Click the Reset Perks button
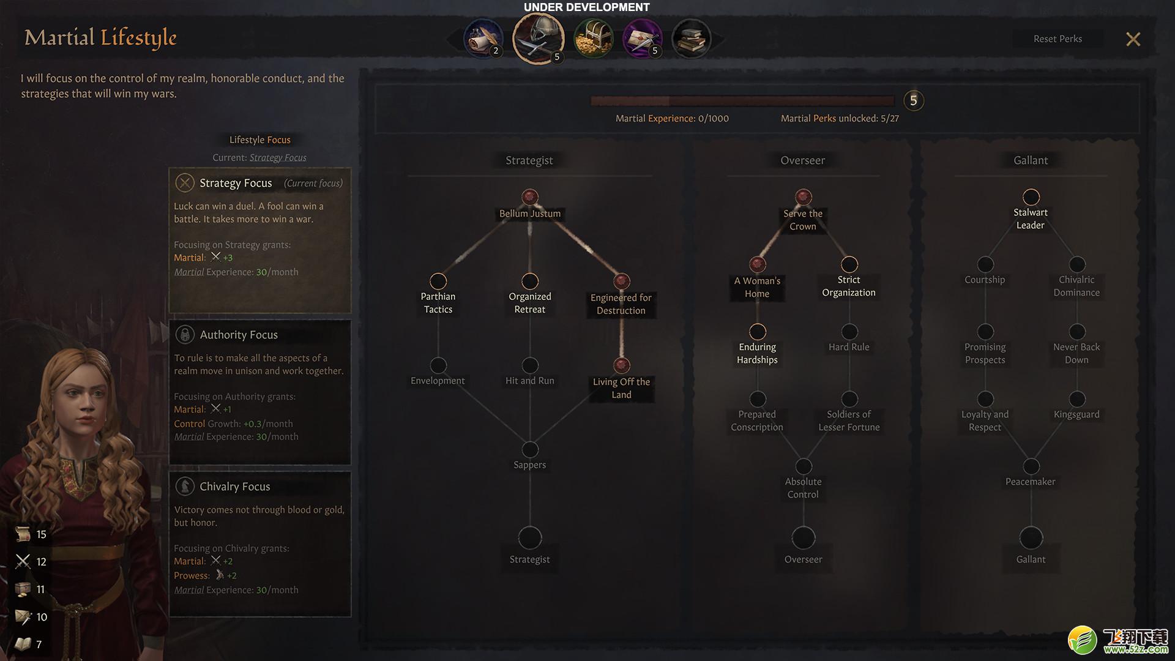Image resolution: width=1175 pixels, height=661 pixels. pos(1057,39)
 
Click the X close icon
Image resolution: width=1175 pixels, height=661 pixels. pos(1133,39)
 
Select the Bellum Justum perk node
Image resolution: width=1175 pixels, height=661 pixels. pos(530,197)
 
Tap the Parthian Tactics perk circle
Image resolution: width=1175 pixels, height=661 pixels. pos(438,281)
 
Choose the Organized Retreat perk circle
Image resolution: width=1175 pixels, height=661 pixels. pos(530,281)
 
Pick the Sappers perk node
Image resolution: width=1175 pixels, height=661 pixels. pos(530,449)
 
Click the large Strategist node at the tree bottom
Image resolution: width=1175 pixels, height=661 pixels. pos(530,538)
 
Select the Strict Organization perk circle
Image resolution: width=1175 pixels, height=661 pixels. pos(849,264)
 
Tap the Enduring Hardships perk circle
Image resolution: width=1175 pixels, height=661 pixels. pos(758,332)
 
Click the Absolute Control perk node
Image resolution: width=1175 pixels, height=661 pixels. pos(804,466)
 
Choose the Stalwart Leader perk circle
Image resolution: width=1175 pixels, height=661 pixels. pos(1031,197)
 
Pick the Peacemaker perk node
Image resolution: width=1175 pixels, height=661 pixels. pos(1031,466)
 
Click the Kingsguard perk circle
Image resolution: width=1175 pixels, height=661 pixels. pos(1077,399)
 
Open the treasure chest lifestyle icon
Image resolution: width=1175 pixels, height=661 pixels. pos(594,39)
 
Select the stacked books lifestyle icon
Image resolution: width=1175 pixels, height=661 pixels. pos(692,39)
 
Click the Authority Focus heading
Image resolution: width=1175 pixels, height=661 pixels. pos(239,335)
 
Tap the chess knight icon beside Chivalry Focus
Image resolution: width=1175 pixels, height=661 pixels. pos(185,486)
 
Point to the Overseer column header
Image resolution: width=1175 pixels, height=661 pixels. pos(803,160)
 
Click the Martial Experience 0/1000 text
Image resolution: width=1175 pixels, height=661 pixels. pos(672,118)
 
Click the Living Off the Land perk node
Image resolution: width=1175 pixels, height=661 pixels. pos(622,365)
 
